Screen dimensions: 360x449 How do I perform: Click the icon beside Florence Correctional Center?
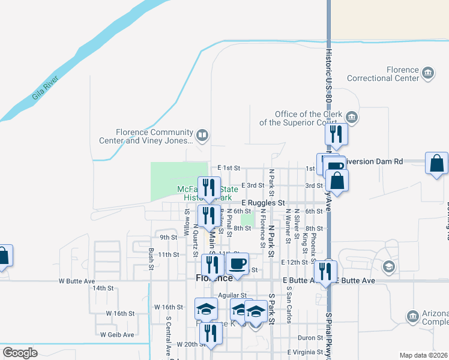pyautogui.click(x=428, y=73)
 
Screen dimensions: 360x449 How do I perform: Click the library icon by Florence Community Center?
pyautogui.click(x=202, y=136)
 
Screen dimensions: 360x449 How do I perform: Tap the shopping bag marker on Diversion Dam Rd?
pyautogui.click(x=436, y=163)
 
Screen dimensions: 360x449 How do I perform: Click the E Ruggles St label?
pyautogui.click(x=262, y=203)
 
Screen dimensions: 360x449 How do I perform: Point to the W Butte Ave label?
pyautogui.click(x=77, y=281)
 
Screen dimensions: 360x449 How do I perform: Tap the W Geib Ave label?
pyautogui.click(x=117, y=334)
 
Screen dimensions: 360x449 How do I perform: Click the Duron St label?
pyautogui.click(x=310, y=338)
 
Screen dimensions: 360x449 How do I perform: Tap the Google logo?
pyautogui.click(x=20, y=353)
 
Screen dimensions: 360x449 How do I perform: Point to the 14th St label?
pyautogui.click(x=103, y=288)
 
